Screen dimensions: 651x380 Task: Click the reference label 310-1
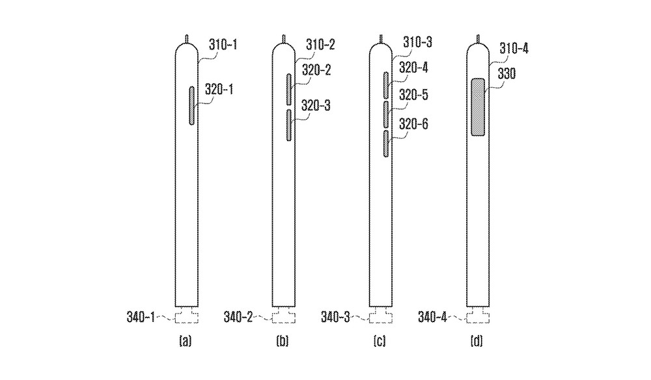point(223,44)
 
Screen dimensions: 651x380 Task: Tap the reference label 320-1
point(219,89)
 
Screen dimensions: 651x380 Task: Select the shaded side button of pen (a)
point(192,105)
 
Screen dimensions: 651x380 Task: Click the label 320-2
point(316,70)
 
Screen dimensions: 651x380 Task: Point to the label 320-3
point(316,106)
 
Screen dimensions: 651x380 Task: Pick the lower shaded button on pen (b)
point(289,126)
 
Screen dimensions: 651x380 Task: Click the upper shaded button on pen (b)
point(289,89)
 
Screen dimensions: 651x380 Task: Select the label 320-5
point(413,95)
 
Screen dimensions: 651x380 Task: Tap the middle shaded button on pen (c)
point(386,115)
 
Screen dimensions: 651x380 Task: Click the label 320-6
point(413,124)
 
